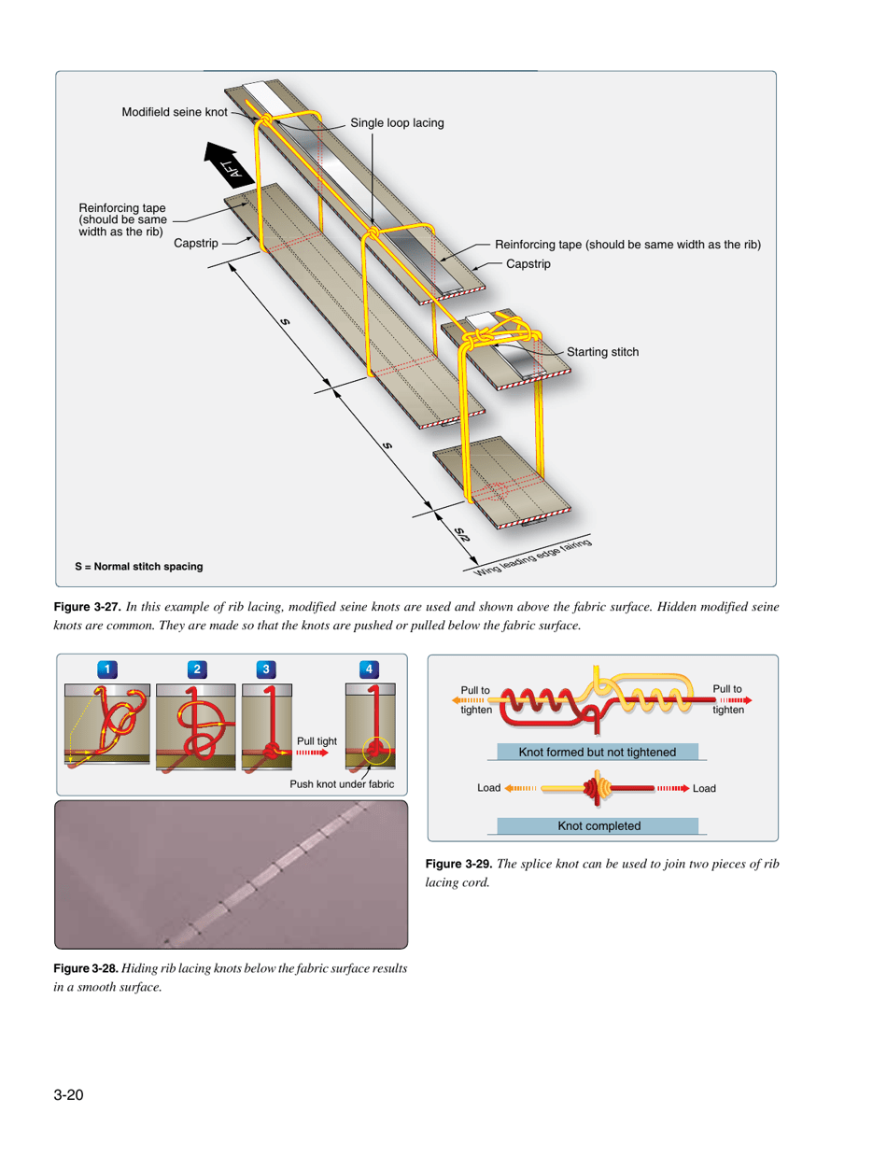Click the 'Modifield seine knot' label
coord(175,112)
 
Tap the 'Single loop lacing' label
coord(397,123)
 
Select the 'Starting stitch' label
coord(602,352)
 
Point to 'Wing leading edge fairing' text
coord(536,556)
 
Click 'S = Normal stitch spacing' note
coord(138,567)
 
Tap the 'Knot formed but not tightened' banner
coord(598,752)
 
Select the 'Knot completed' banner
coord(598,824)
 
